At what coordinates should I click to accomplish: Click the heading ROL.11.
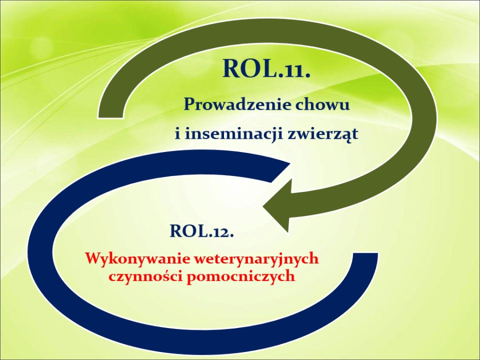coord(266,68)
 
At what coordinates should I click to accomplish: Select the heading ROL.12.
coord(202,231)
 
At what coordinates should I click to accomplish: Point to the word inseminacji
coord(234,134)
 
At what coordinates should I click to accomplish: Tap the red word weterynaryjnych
coord(257,259)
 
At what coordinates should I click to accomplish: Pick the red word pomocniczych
coord(241,277)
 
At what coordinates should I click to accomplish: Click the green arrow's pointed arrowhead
coord(264,206)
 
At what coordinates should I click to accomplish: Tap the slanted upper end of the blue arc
coord(281,172)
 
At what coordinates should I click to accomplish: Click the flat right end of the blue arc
coord(365,253)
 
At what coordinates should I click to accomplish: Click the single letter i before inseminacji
coord(178,133)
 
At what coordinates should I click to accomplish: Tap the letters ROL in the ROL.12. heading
coord(188,231)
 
